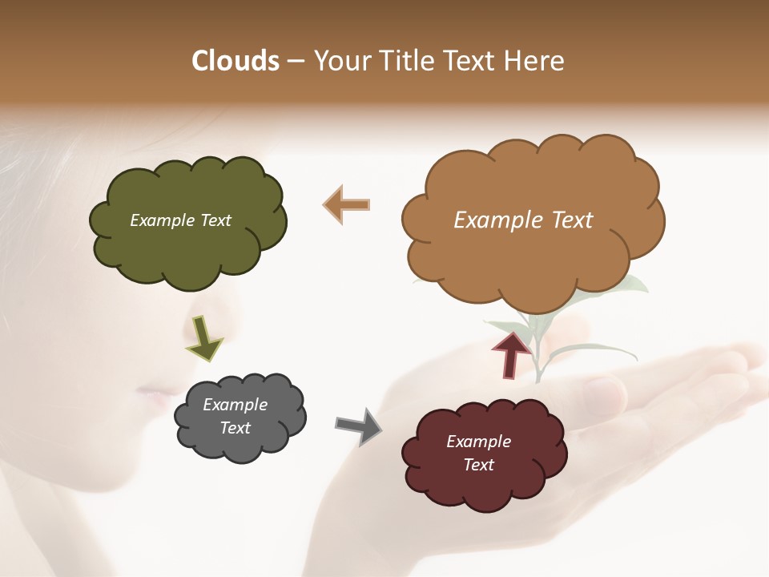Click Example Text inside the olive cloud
click(x=180, y=220)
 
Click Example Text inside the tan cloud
click(x=523, y=220)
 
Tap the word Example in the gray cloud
click(x=235, y=405)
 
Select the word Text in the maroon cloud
click(x=478, y=465)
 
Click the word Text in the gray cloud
click(x=235, y=428)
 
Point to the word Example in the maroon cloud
click(x=478, y=442)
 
